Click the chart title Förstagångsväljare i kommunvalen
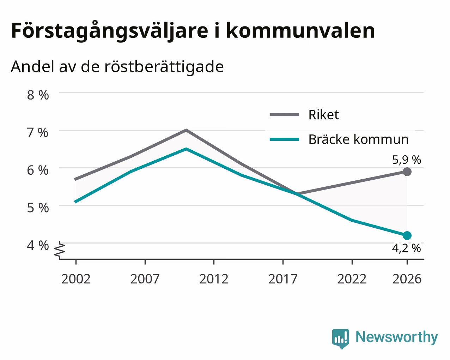(193, 31)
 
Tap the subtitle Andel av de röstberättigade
(117, 67)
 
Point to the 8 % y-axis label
(38, 95)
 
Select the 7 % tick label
(38, 133)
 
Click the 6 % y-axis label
(38, 170)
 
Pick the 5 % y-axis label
(38, 208)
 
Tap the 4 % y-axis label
(38, 245)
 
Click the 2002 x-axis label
(76, 279)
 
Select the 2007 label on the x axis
(145, 279)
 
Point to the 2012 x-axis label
(214, 279)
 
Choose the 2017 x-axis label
(283, 279)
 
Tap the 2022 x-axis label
(352, 279)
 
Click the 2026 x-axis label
(407, 279)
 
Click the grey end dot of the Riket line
(407, 172)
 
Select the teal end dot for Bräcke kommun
(407, 235)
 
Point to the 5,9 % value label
(407, 160)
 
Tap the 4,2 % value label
(406, 249)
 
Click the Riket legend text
(323, 115)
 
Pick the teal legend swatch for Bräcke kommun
(284, 139)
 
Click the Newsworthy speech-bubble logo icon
(341, 338)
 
